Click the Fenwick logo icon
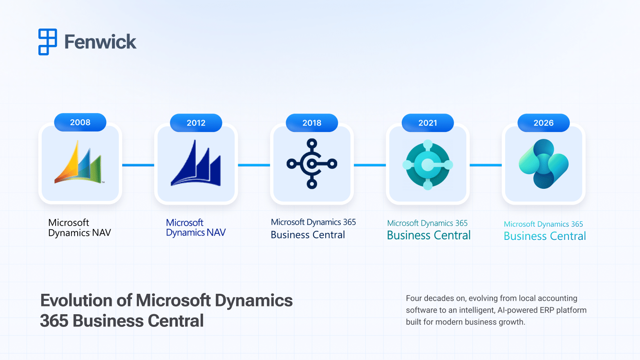coord(47,42)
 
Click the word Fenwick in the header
coord(100,42)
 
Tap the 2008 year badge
coord(80,122)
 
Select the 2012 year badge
coord(196,123)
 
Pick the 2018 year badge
coord(312,123)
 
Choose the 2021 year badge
coord(427,123)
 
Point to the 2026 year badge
coord(543,123)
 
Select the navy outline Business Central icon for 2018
coord(312,164)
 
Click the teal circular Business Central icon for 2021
coord(427,165)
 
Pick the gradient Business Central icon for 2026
coord(544,164)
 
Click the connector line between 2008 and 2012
coord(138,165)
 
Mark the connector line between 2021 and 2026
coord(486,165)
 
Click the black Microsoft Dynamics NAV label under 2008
coord(79,228)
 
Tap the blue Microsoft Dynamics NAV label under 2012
coord(195,228)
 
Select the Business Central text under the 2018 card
coord(308,235)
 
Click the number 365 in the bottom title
coord(54,321)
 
